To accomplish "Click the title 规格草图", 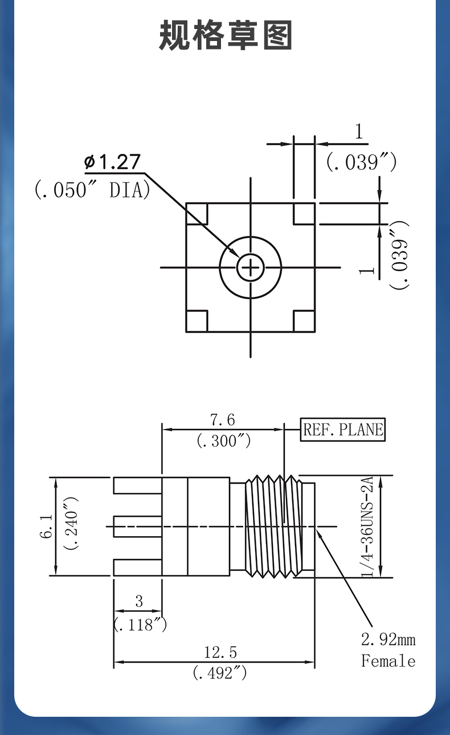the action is pos(226,35).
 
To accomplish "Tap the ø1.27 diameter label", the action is pos(112,161).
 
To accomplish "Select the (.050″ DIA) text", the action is pos(92,190).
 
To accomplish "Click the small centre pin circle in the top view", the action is pos(251,267).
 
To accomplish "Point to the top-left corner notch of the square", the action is pos(197,214).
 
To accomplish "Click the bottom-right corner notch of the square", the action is pos(304,321).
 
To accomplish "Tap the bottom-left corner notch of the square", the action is pos(197,321).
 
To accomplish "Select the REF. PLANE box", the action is pos(343,430).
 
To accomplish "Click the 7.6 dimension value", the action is pos(222,420).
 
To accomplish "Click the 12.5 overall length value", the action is pos(220,652).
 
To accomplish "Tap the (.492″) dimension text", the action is pos(220,673).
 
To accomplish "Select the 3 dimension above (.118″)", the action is pos(139,601).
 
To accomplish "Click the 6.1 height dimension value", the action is pos(47,526).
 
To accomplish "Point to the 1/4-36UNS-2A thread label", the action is pos(367,526).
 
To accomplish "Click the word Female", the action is pos(388,661).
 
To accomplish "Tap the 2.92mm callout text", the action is pos(388,639).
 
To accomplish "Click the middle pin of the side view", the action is pos(138,526).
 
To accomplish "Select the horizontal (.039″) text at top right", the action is pos(361,162).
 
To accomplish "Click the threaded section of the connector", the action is pos(274,526).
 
